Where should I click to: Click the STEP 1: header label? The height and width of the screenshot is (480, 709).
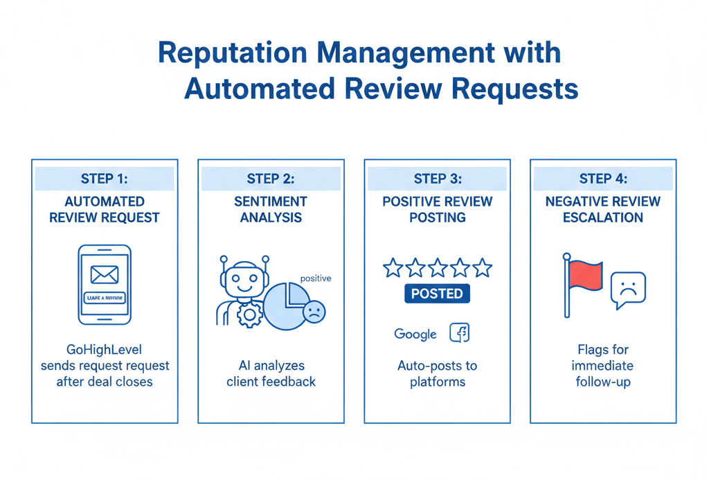click(105, 179)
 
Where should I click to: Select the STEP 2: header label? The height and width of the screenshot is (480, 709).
click(271, 179)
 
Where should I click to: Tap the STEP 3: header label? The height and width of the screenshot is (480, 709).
click(437, 179)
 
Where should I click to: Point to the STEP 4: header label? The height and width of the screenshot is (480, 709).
click(603, 179)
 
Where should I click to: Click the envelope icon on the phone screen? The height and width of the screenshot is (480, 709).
click(105, 274)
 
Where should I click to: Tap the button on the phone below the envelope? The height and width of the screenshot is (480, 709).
click(105, 298)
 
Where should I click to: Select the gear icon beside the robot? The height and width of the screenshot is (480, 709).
click(249, 315)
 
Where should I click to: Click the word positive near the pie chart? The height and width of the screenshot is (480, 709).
click(316, 278)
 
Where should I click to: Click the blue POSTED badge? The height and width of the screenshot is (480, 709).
click(437, 294)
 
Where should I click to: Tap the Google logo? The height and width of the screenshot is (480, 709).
click(415, 334)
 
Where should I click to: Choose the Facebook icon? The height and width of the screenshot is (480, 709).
click(460, 333)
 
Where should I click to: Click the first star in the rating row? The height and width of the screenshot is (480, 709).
click(393, 268)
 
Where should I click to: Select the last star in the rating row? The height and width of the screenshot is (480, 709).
click(482, 268)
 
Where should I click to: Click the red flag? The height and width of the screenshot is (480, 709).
click(584, 275)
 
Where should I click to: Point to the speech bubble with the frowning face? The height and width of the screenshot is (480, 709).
click(628, 290)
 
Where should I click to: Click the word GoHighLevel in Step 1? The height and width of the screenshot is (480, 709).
click(105, 350)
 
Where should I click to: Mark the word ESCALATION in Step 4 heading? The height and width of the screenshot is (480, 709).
click(603, 217)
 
